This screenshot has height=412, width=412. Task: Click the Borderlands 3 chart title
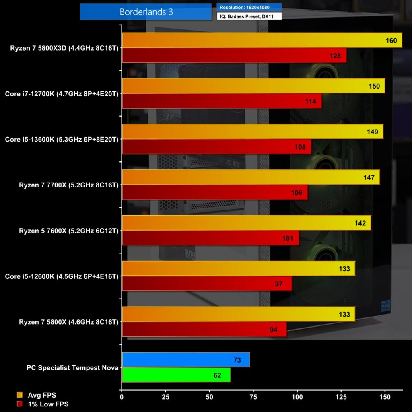tap(146, 12)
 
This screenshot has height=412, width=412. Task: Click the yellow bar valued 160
tap(262, 40)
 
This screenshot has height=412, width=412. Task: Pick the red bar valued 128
tap(233, 56)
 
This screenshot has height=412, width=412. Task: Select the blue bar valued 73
tap(185, 360)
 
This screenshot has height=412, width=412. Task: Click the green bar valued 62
tap(176, 375)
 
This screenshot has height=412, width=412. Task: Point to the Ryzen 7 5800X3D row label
tap(64, 48)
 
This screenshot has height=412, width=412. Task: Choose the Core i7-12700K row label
tap(62, 94)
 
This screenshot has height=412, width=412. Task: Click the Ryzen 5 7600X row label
tap(68, 231)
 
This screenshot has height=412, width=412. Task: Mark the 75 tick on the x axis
tap(253, 397)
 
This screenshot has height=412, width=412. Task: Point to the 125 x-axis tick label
tap(341, 397)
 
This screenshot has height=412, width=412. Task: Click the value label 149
tap(372, 132)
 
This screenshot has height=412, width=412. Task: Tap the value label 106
tap(297, 193)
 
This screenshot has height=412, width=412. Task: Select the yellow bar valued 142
tap(246, 223)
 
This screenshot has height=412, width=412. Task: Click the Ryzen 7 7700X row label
tap(68, 185)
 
